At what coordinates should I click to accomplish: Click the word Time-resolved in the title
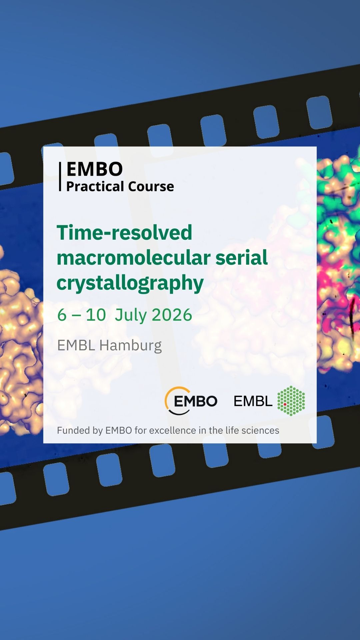(124, 232)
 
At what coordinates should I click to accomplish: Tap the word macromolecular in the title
(133, 257)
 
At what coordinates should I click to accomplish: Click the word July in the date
(130, 315)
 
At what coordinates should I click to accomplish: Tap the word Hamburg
(131, 346)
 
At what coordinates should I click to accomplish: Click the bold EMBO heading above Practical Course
(95, 169)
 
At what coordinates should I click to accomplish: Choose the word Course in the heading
(151, 187)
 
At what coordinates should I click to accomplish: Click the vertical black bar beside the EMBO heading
(60, 176)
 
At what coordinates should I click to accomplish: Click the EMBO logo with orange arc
(191, 401)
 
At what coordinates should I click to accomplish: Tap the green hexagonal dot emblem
(291, 401)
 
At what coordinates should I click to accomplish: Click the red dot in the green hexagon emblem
(285, 404)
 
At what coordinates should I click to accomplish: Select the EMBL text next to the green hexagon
(253, 401)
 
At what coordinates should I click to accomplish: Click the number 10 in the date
(96, 315)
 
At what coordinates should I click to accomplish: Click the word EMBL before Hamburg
(76, 345)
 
